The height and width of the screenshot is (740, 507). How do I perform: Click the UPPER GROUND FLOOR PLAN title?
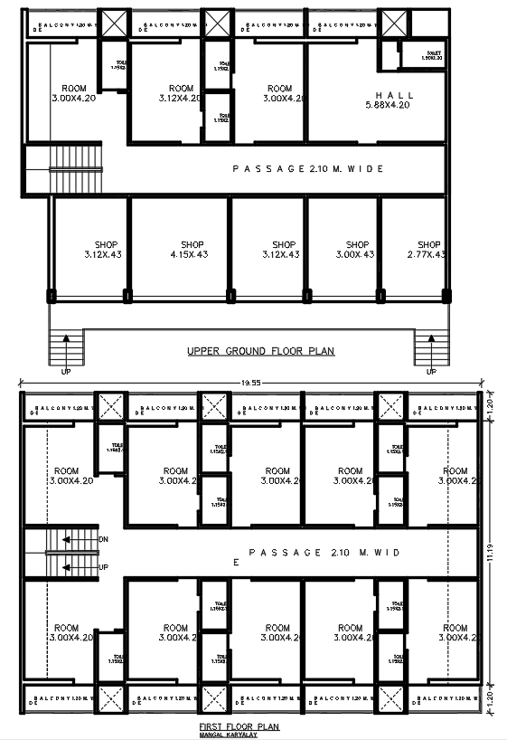[260, 351]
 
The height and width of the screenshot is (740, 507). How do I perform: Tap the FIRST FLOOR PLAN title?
[239, 726]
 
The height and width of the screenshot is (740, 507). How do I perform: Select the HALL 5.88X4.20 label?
[394, 100]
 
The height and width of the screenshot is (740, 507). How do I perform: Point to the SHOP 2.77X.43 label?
[427, 250]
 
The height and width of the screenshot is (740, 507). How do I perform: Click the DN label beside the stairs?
[104, 540]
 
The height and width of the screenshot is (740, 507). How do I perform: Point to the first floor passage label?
[324, 552]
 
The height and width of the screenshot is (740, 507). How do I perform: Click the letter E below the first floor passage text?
[236, 563]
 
